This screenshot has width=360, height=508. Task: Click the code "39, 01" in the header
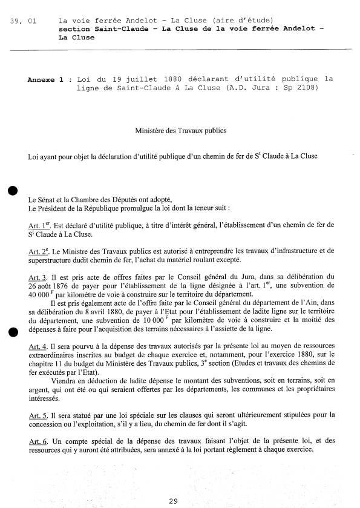[x=24, y=21]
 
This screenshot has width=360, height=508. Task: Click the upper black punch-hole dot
[x=11, y=191]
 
